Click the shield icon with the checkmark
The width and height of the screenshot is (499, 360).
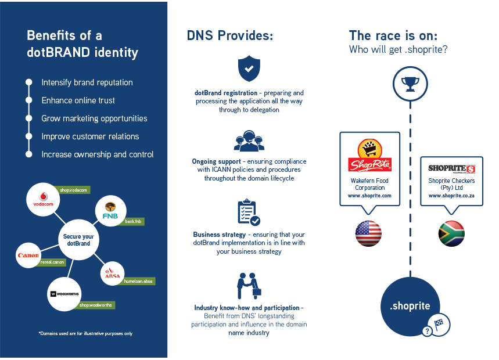pyautogui.click(x=249, y=69)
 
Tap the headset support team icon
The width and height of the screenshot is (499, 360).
pyautogui.click(x=249, y=141)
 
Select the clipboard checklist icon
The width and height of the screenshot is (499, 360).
pyautogui.click(x=249, y=212)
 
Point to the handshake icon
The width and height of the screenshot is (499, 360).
pyautogui.click(x=249, y=286)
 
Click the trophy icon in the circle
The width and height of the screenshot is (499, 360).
pyautogui.click(x=410, y=84)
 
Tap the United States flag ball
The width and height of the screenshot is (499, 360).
pyautogui.click(x=368, y=233)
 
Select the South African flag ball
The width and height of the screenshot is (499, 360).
pyautogui.click(x=451, y=233)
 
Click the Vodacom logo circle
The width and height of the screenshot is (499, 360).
pyautogui.click(x=43, y=199)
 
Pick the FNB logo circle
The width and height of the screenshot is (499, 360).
pyautogui.click(x=110, y=211)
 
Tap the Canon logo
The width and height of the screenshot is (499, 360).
pyautogui.click(x=28, y=255)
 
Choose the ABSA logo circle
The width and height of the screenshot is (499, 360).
pyautogui.click(x=112, y=273)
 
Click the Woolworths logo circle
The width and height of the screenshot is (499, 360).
pyautogui.click(x=64, y=294)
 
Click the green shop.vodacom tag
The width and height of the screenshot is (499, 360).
pyautogui.click(x=72, y=190)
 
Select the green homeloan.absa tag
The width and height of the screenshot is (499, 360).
pyautogui.click(x=138, y=281)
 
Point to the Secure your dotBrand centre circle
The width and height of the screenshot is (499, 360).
pyautogui.click(x=78, y=240)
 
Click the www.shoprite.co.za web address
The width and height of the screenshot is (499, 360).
pyautogui.click(x=451, y=196)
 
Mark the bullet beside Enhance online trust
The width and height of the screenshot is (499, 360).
pyautogui.click(x=29, y=100)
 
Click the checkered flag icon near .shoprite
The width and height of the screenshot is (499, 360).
pyautogui.click(x=439, y=325)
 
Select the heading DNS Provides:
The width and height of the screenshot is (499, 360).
pyautogui.click(x=230, y=35)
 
